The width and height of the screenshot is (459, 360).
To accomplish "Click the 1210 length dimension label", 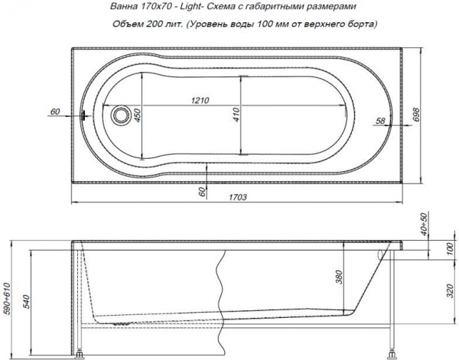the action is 200,101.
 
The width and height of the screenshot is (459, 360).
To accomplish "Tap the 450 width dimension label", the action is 138,115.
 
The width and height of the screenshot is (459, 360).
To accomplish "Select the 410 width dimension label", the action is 236,115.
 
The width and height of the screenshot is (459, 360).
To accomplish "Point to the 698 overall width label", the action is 416,115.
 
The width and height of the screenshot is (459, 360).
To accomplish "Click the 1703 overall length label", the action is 237,197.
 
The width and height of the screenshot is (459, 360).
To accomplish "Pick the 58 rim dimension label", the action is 380,121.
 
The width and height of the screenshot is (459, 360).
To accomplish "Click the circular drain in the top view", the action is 120,115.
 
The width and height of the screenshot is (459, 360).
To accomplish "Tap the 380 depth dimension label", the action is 339,277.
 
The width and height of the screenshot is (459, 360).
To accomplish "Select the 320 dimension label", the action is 451,291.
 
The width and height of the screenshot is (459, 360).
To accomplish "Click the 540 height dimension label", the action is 26,302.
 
